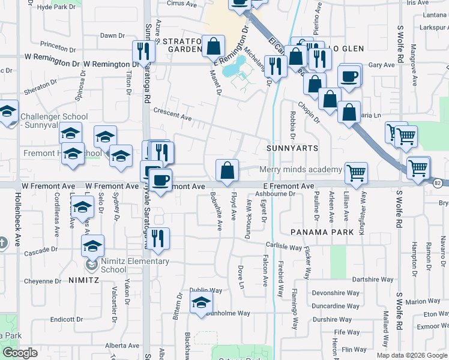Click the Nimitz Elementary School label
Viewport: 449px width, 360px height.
131,265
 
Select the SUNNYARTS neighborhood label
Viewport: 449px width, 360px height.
292,147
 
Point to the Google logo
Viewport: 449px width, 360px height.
20,353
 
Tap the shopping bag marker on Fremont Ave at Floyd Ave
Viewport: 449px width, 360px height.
227,171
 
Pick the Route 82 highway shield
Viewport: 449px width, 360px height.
438,183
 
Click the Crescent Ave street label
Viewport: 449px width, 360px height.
172,115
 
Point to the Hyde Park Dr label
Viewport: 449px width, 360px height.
56,7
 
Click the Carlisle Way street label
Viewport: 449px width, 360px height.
284,246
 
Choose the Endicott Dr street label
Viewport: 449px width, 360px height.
66,319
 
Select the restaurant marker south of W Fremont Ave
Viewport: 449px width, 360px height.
158,238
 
